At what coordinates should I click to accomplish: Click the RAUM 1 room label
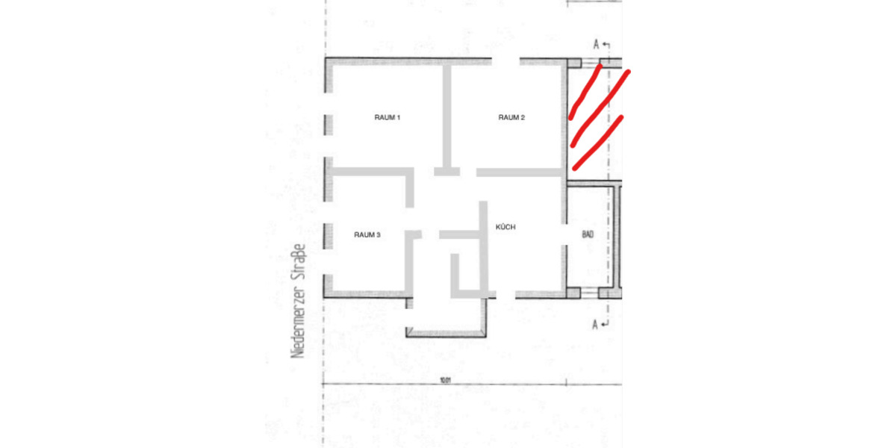pos(388,117)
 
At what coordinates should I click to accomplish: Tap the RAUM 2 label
pos(511,117)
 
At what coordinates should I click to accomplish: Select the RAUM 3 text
pos(367,234)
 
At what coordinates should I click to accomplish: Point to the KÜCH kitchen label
pos(505,226)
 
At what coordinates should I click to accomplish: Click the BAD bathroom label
pos(588,234)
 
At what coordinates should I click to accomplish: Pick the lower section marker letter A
pos(595,324)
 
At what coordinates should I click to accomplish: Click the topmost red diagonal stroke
pos(584,92)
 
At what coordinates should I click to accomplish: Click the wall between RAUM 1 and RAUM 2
pos(447,116)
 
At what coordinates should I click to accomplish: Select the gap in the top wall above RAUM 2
pos(503,60)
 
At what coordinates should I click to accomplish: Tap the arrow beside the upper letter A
pos(606,46)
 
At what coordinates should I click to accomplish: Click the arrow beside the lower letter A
pos(606,324)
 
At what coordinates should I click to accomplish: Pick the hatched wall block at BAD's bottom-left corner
pos(573,293)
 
